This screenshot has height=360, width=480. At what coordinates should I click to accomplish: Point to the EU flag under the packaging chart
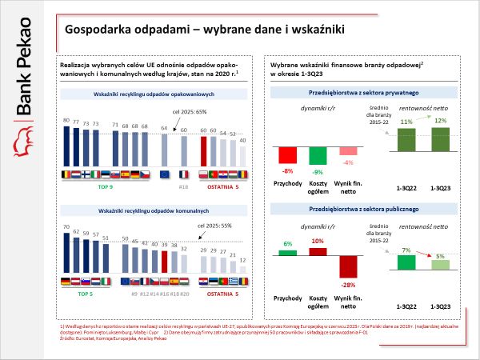165,174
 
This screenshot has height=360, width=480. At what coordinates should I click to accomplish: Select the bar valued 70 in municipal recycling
66,252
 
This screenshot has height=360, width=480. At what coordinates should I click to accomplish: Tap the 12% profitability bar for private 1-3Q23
440,139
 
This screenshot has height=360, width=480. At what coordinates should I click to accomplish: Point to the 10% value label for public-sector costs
317,240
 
